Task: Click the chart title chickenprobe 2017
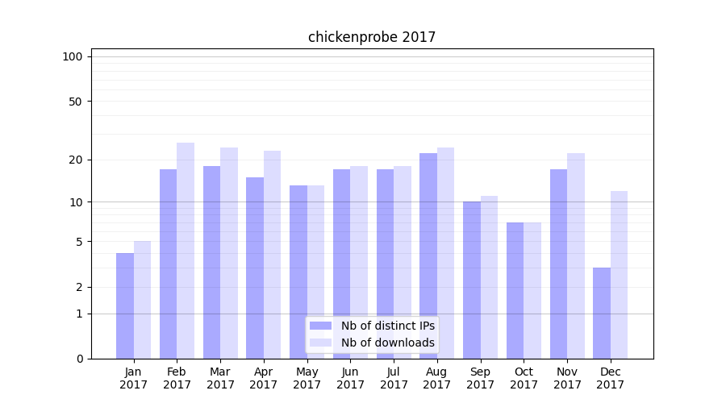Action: coord(372,37)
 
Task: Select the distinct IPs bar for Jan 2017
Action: coord(125,306)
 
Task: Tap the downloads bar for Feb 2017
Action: coord(186,251)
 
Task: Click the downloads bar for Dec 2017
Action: coord(619,275)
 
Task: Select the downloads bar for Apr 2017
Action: coord(272,255)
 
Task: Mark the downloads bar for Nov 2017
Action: coord(576,256)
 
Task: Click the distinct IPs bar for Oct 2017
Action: coord(515,290)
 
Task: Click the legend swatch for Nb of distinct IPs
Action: coord(321,326)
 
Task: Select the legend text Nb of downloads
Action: coord(388,343)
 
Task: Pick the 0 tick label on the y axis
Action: coord(79,359)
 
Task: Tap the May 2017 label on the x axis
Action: coord(307,378)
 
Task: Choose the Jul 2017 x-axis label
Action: coord(394,378)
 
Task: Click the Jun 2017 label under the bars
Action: coord(350,378)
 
